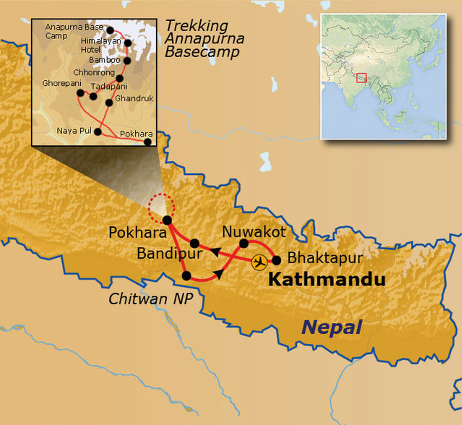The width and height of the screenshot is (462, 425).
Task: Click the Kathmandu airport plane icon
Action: pos(259,262)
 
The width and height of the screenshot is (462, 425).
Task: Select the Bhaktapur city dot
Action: pos(277,260)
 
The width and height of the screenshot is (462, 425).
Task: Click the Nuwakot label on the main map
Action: pos(254,232)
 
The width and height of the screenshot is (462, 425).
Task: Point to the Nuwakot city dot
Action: pos(244,243)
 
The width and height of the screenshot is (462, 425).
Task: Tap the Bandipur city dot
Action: pos(194,243)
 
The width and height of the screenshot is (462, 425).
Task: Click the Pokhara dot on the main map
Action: pos(167,220)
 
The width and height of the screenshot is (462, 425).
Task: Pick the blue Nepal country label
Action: pos(332,327)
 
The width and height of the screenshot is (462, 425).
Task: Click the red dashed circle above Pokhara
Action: pos(161,207)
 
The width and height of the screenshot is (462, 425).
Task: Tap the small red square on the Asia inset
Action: pos(361,78)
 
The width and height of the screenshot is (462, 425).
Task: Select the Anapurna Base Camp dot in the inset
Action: pos(110,30)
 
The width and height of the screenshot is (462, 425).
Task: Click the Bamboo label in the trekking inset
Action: pos(105,60)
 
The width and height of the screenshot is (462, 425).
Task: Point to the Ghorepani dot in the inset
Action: pos(80,93)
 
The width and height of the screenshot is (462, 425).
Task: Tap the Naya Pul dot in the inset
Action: pos(97,132)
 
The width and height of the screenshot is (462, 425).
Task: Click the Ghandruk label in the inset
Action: pos(134,98)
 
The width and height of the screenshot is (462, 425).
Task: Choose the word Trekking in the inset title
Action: pos(196,26)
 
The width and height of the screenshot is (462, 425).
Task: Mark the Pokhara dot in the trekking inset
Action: pos(148,142)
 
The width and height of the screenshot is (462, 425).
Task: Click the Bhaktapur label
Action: pos(325,258)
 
